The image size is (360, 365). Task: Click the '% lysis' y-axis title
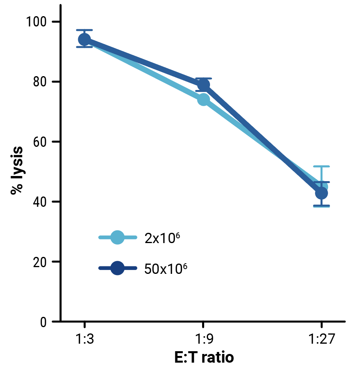17,170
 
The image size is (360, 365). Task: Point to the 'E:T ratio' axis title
204,358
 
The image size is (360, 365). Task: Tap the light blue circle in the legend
118,238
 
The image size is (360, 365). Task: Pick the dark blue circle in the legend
118,269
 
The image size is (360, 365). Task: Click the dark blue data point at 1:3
84,39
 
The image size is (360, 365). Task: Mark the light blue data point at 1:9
203,100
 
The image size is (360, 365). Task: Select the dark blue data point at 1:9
203,84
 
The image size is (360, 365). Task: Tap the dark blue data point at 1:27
322,193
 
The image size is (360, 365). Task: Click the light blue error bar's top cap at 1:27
321,167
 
